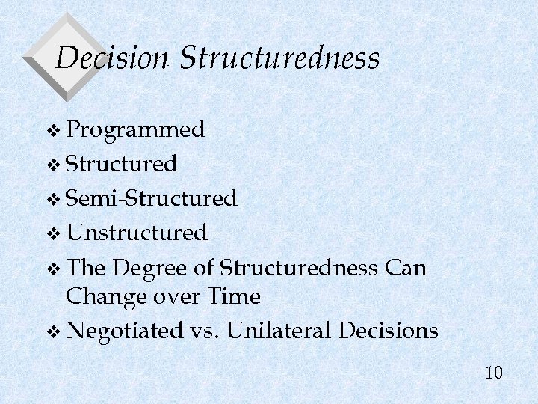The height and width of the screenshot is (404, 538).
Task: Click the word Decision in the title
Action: click(112, 58)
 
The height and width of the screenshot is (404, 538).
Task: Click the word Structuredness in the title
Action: click(280, 58)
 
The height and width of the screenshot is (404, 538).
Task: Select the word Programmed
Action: click(135, 130)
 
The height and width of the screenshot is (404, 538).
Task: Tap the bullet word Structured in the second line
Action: click(121, 163)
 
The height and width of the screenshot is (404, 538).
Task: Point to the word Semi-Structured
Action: click(152, 198)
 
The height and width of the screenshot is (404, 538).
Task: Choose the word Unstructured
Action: click(136, 233)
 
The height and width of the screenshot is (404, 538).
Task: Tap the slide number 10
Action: click(493, 372)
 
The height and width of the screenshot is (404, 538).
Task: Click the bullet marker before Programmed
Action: click(52, 132)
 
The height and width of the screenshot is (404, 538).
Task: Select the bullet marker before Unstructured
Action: click(52, 234)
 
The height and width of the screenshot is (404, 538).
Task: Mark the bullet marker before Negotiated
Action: click(52, 332)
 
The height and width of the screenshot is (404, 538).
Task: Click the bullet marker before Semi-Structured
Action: click(52, 200)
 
